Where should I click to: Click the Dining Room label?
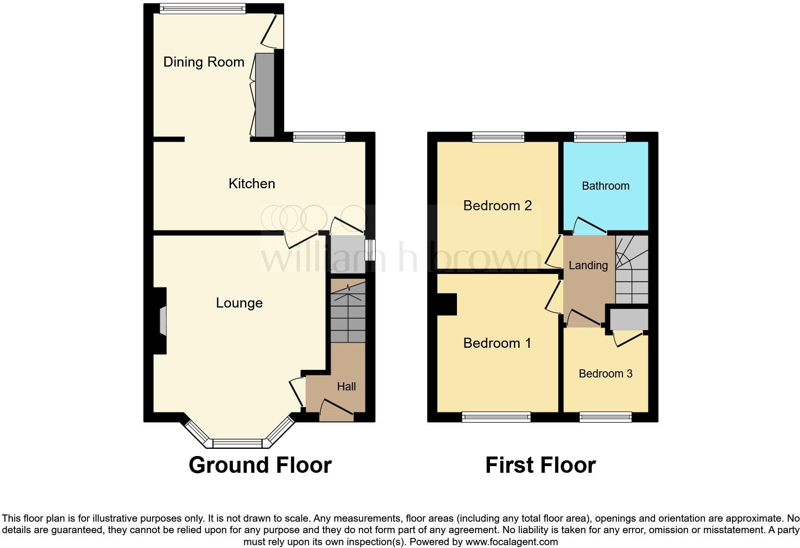(x=204, y=62)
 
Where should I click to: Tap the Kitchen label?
(x=252, y=183)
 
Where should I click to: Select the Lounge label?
(x=239, y=303)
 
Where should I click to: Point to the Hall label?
(x=346, y=387)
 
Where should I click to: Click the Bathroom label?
(x=605, y=186)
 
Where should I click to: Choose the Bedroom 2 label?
(x=498, y=205)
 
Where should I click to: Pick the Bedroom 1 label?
(x=497, y=343)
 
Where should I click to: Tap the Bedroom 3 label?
(x=605, y=374)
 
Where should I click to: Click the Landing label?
(x=588, y=265)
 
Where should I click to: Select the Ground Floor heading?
(x=260, y=465)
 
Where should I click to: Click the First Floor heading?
(x=540, y=465)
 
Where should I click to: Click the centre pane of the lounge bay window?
(x=238, y=443)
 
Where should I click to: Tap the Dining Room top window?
(x=203, y=9)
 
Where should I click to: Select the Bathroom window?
(x=600, y=137)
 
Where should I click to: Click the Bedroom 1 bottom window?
(x=497, y=417)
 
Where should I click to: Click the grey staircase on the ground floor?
(x=348, y=316)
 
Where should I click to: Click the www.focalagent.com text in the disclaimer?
(x=511, y=542)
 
